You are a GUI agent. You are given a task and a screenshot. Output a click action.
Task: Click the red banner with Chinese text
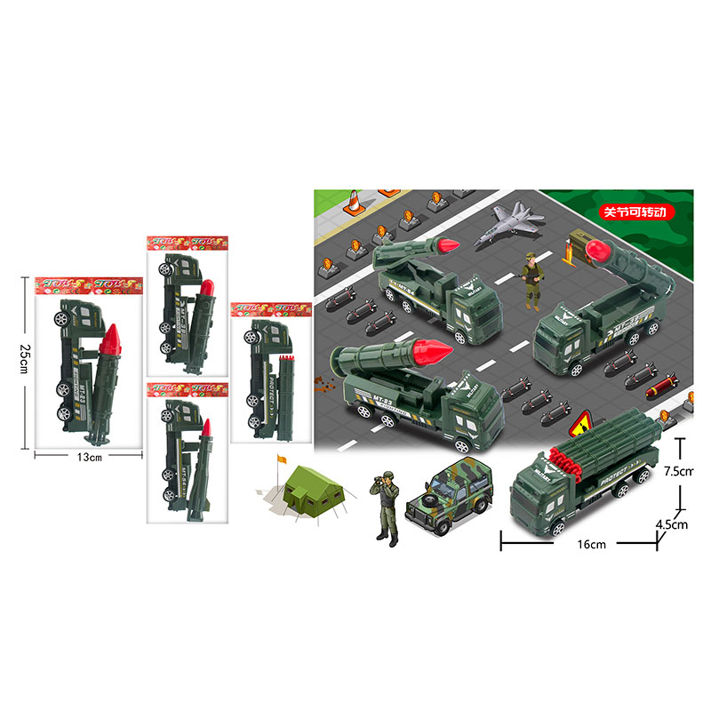640,213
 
